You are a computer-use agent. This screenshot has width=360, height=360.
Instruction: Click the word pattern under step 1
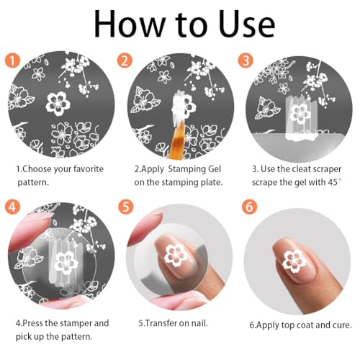click(35, 184)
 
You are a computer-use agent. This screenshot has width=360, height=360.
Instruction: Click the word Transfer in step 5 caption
click(163, 323)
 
